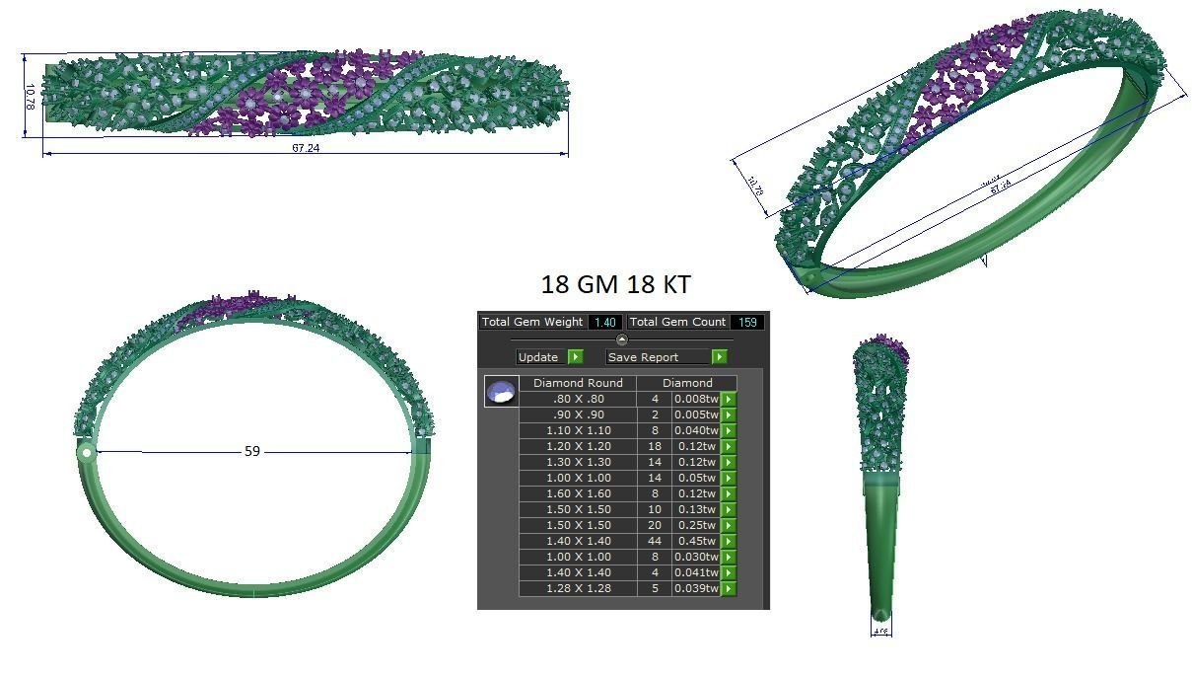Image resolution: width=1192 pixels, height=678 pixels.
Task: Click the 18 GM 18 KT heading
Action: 615,285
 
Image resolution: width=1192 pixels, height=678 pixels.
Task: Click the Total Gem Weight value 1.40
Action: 605,322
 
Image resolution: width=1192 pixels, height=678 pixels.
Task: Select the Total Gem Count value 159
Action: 747,322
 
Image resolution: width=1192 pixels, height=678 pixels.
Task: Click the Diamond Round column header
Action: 577,383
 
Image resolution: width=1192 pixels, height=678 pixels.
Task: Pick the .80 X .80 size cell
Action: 578,399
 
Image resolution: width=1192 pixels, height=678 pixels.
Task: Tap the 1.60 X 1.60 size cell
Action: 578,493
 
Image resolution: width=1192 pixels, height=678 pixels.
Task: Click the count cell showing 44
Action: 655,541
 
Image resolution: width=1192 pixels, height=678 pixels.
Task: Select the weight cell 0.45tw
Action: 695,541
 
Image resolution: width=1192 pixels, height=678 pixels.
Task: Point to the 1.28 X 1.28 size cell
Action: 578,588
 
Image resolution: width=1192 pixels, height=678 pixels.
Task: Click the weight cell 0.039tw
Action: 695,588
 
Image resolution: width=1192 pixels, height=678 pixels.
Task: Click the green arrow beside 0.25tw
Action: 729,525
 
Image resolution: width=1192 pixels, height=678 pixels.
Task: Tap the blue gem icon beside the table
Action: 502,392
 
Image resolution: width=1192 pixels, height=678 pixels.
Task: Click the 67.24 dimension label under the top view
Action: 306,148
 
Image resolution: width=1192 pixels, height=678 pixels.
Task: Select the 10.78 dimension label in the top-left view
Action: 31,97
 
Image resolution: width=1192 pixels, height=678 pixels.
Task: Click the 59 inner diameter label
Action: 252,451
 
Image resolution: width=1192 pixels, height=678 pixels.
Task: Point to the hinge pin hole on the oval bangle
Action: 87,453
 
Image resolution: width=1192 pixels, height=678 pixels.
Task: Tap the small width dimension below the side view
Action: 880,630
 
